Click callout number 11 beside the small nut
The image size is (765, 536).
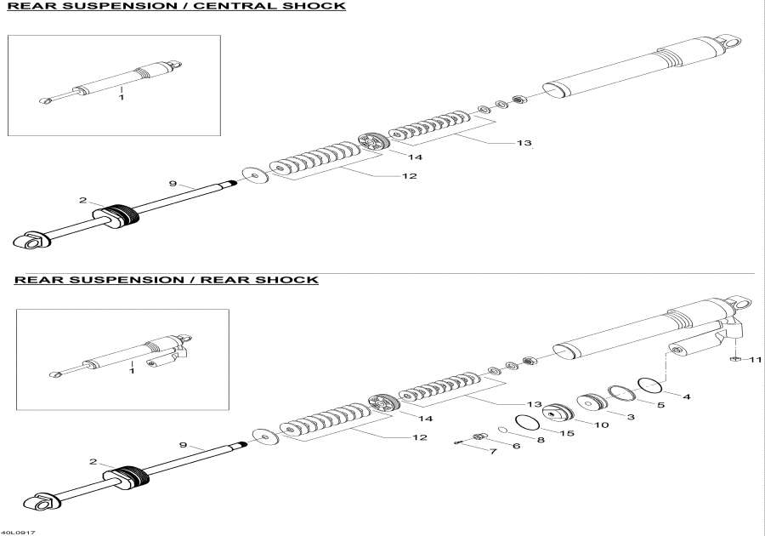(755, 361)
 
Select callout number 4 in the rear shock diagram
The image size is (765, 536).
(687, 396)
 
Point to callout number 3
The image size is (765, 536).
(631, 417)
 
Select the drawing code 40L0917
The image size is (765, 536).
(18, 532)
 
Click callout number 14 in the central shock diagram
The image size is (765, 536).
(414, 157)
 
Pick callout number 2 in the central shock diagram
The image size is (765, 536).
(82, 201)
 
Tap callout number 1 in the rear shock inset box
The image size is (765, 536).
(131, 371)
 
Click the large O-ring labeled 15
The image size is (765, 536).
(529, 423)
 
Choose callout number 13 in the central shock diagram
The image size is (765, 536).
(523, 143)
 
